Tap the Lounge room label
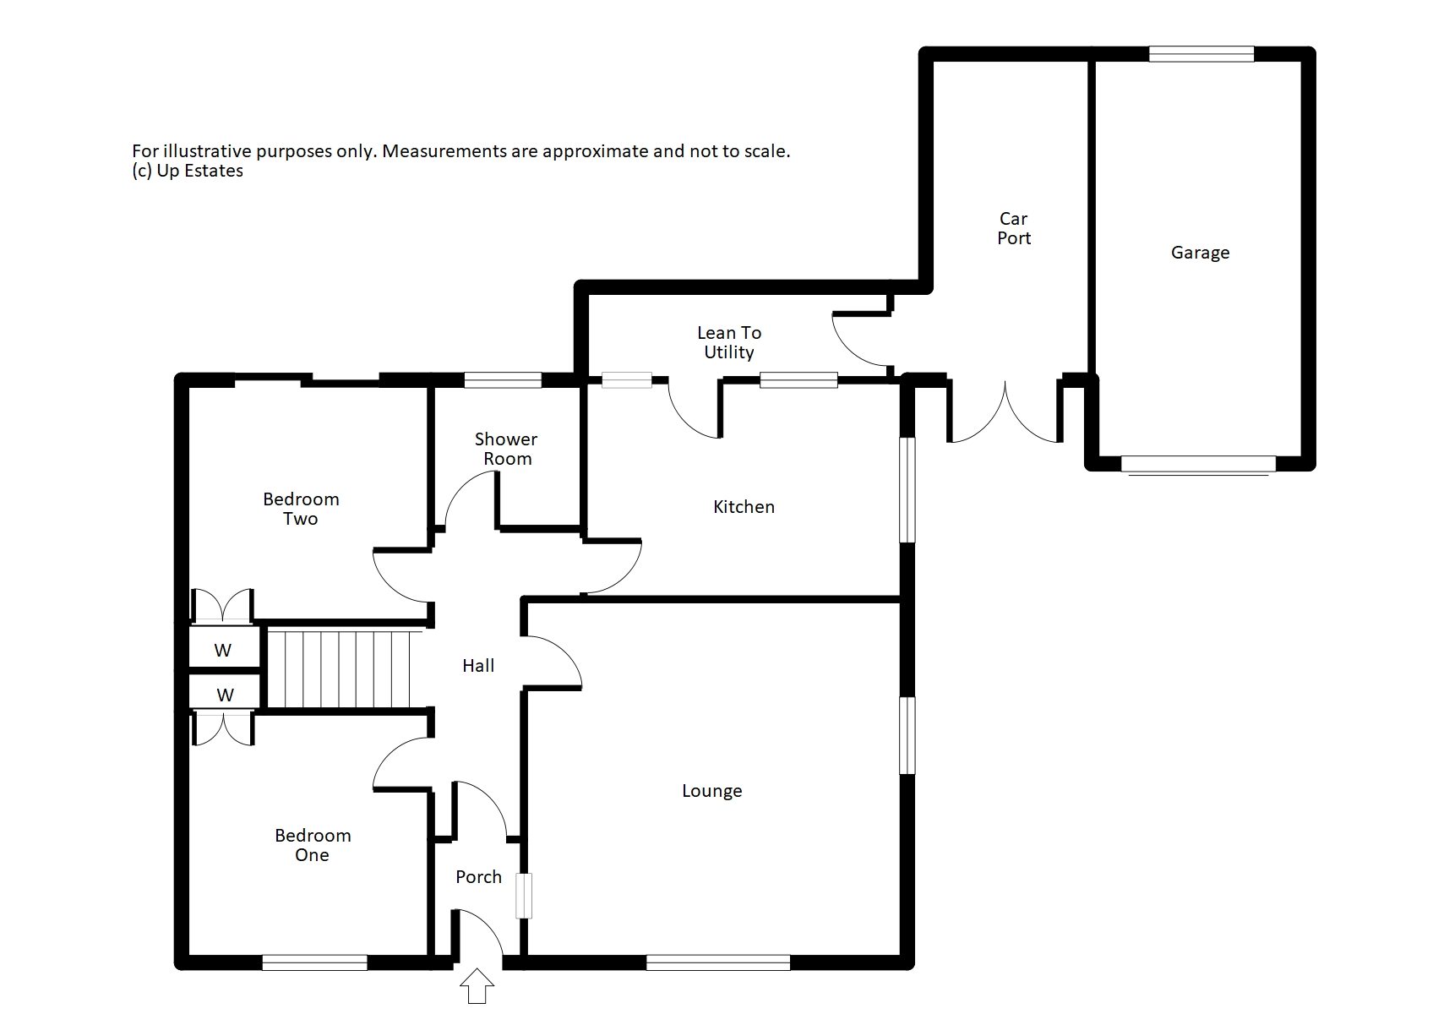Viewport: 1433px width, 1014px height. (711, 791)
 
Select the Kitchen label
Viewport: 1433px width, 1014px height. (744, 507)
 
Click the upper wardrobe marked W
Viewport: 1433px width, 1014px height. (223, 651)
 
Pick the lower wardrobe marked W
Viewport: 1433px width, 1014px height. (225, 695)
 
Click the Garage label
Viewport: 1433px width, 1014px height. (1200, 253)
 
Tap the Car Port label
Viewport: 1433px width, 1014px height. (1014, 228)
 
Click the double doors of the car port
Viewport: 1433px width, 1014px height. (1005, 415)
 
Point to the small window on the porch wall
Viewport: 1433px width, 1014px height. (524, 896)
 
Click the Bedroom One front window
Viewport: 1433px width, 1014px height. (314, 962)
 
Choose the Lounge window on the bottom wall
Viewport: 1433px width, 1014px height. (718, 962)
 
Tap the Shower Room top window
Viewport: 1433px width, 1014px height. (503, 380)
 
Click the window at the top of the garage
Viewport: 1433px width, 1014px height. (1201, 54)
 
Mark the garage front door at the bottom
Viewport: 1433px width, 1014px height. (1198, 464)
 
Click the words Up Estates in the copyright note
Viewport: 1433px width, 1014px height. (200, 171)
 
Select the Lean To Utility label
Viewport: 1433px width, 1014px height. (729, 342)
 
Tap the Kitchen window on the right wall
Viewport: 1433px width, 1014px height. (907, 489)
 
